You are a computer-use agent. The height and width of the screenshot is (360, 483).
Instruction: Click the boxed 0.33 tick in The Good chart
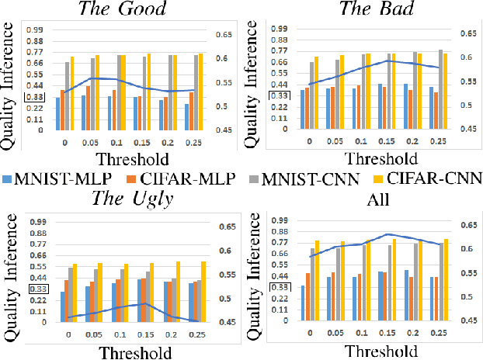click(34, 97)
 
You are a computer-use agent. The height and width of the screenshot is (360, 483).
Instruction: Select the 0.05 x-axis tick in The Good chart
click(90, 142)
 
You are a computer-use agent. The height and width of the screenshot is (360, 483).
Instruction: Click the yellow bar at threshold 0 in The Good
click(72, 93)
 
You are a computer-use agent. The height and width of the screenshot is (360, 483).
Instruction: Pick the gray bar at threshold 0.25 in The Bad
click(440, 90)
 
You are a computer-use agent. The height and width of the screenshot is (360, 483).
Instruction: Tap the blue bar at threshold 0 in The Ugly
click(62, 306)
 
